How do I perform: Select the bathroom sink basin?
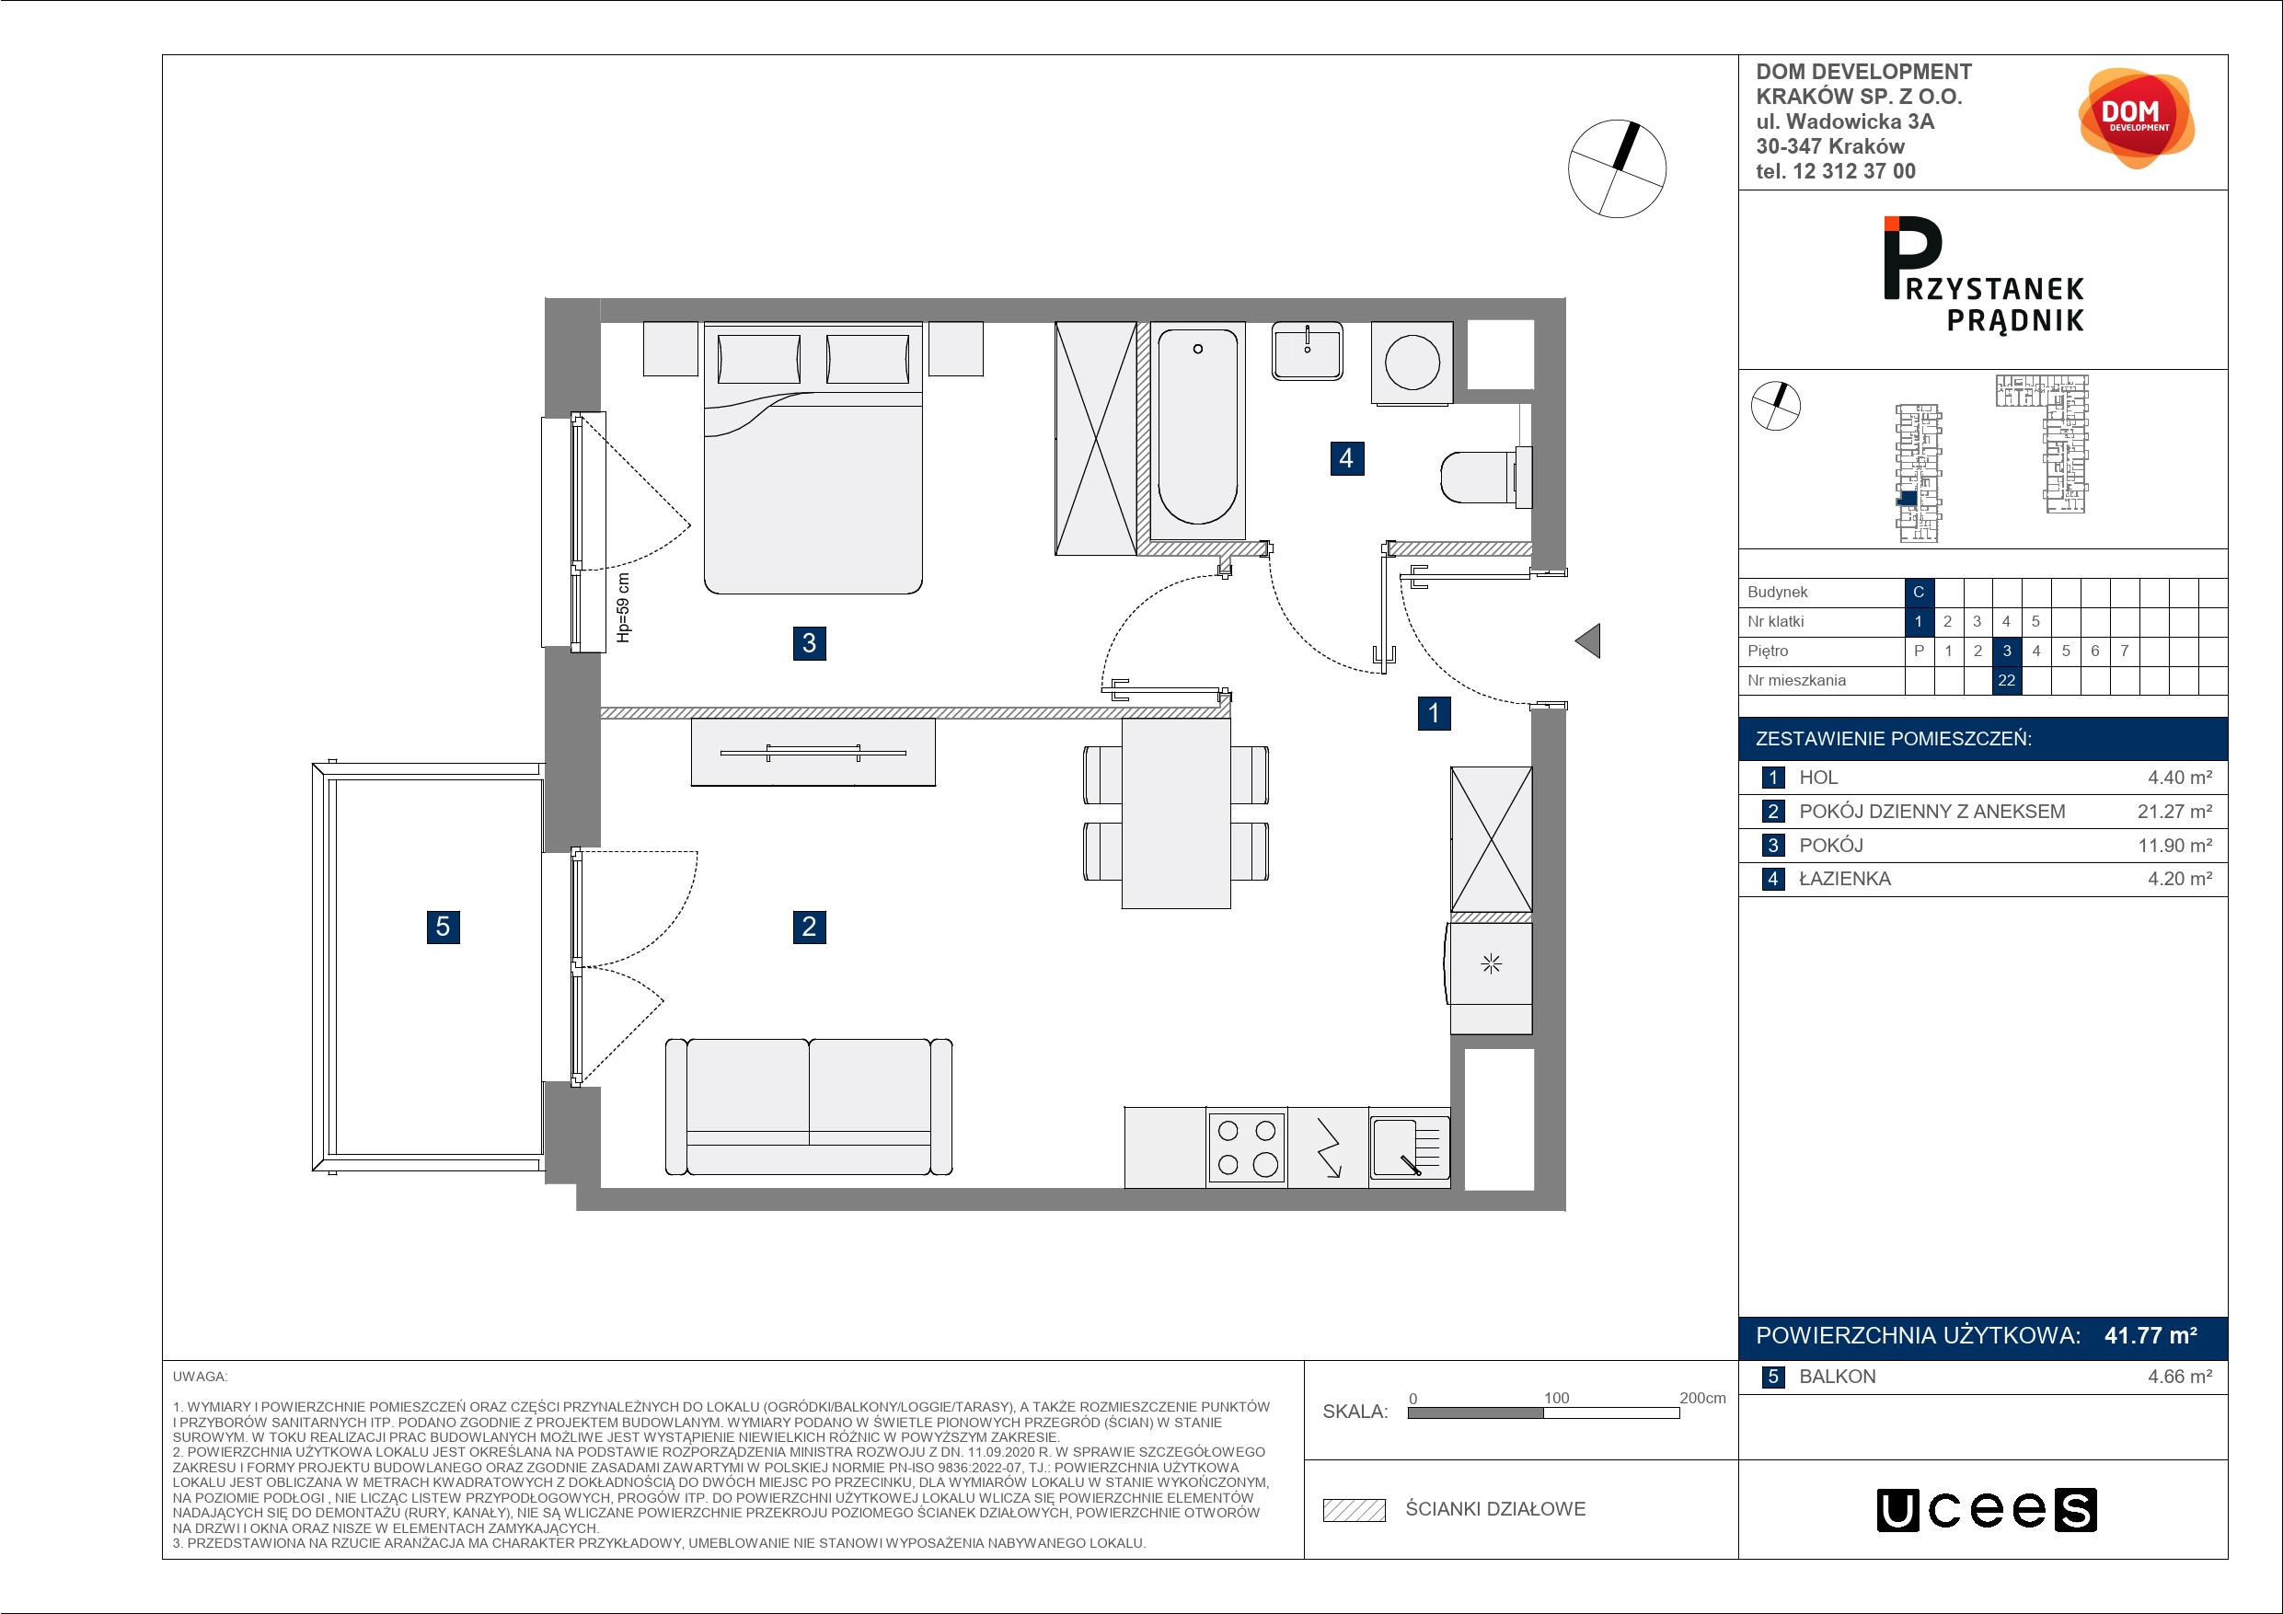1307,351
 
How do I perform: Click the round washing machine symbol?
1412,363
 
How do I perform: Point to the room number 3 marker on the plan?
810,643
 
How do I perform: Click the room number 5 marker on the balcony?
444,927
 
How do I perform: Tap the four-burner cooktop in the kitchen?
1247,1147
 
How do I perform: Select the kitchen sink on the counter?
1409,1147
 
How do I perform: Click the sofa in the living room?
809,1107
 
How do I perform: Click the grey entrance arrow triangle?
1588,640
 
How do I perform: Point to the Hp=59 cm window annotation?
624,607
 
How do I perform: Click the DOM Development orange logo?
2136,119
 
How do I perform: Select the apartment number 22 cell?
2007,680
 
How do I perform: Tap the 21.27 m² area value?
2174,812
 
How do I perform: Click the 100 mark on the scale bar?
1556,1398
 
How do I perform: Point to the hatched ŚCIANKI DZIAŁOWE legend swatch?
1355,1511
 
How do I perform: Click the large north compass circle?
1617,169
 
